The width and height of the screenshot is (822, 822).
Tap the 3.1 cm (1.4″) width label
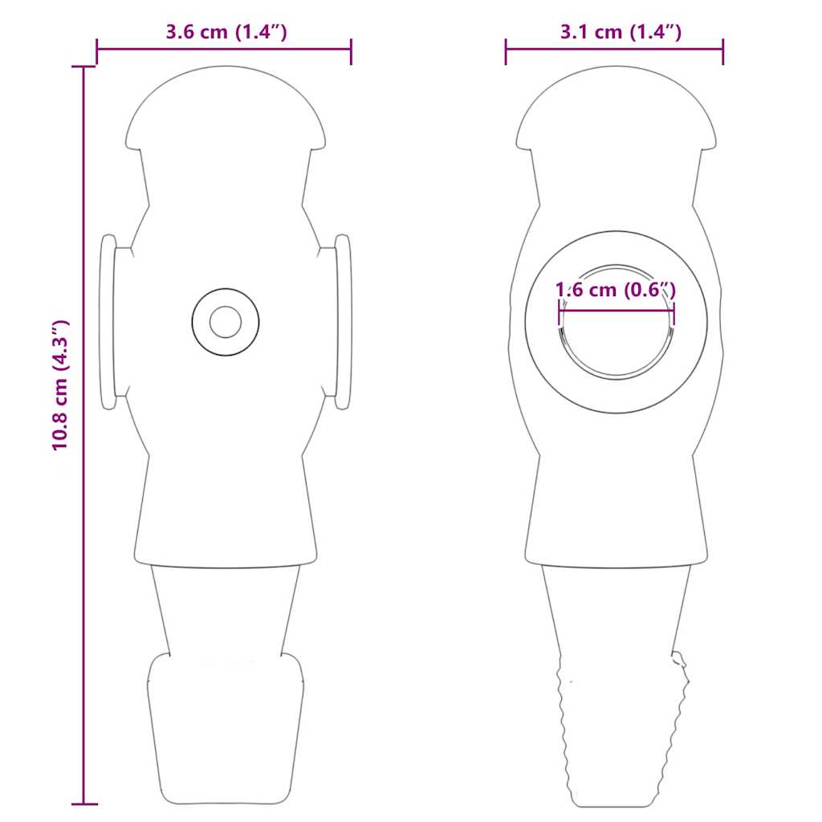pos(621,32)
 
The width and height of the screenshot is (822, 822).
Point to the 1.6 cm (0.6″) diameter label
pos(616,290)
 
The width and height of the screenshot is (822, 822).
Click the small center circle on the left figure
pos(226,322)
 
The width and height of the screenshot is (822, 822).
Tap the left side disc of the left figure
pos(108,322)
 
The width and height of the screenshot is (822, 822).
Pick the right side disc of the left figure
pos(343,322)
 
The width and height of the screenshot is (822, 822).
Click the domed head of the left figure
pos(226,108)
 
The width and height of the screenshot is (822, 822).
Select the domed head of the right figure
pos(616,108)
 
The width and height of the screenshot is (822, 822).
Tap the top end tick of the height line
pos(83,67)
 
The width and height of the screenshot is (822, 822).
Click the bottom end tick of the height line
pos(83,804)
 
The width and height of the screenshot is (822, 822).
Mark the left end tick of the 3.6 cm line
pos(97,50)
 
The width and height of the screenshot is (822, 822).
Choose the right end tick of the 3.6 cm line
pos(351,50)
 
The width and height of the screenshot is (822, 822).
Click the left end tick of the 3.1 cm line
pos(506,50)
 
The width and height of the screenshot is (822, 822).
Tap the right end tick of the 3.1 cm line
pos(723,50)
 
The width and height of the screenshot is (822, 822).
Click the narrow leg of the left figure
pos(226,610)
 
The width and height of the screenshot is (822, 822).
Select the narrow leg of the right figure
pos(616,610)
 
